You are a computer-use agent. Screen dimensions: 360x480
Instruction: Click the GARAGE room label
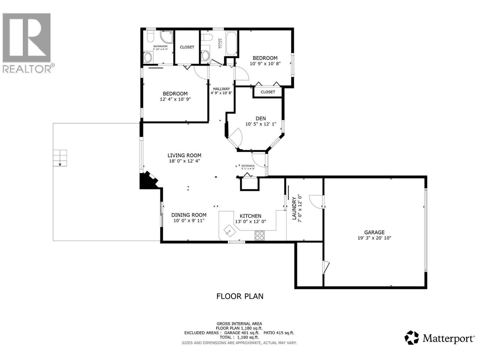pos(374,232)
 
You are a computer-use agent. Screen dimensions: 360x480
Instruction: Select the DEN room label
pos(260,118)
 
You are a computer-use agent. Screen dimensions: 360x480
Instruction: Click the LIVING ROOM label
pos(184,155)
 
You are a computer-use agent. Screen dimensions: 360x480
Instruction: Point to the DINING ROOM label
pos(189,215)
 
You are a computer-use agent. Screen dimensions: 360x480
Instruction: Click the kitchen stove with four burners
pos(259,235)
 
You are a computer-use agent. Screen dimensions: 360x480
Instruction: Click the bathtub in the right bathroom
pos(231,43)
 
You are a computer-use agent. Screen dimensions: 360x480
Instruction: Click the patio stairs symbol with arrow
pos(60,158)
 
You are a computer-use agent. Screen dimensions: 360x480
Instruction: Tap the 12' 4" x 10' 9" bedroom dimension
pos(175,99)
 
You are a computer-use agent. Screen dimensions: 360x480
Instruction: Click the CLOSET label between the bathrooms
pos(187,47)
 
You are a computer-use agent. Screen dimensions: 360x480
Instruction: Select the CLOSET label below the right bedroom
pos(268,92)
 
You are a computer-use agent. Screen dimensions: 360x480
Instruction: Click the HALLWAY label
pos(221,89)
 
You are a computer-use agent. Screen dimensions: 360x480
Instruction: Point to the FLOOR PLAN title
pos(240,296)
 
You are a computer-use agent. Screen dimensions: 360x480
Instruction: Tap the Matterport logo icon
pos(412,338)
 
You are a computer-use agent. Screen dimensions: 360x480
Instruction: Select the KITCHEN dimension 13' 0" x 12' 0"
pos(250,222)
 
